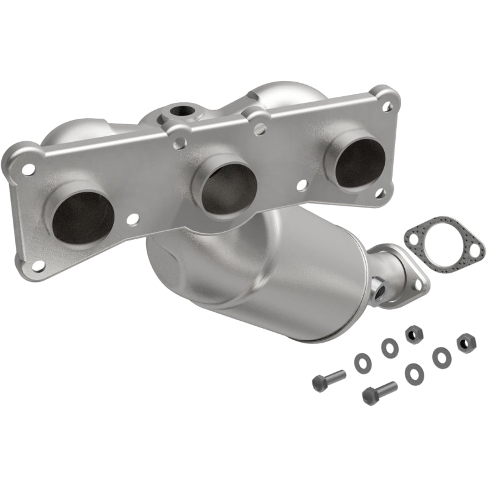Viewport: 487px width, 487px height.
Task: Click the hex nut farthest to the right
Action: (466, 343)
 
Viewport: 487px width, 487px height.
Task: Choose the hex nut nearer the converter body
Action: (413, 334)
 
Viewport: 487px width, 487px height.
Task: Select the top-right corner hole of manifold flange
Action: (386, 106)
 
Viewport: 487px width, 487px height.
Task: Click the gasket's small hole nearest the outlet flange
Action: (414, 238)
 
